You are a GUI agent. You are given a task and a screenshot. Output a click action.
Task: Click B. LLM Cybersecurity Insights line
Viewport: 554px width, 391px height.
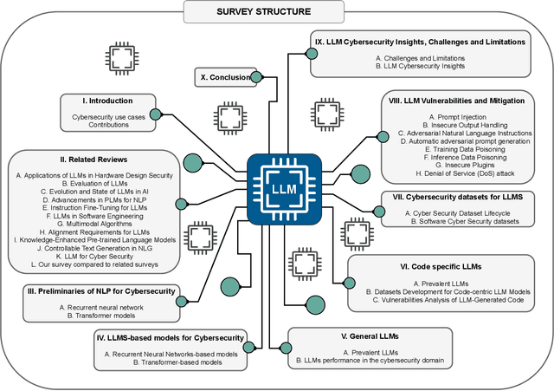point(427,66)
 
